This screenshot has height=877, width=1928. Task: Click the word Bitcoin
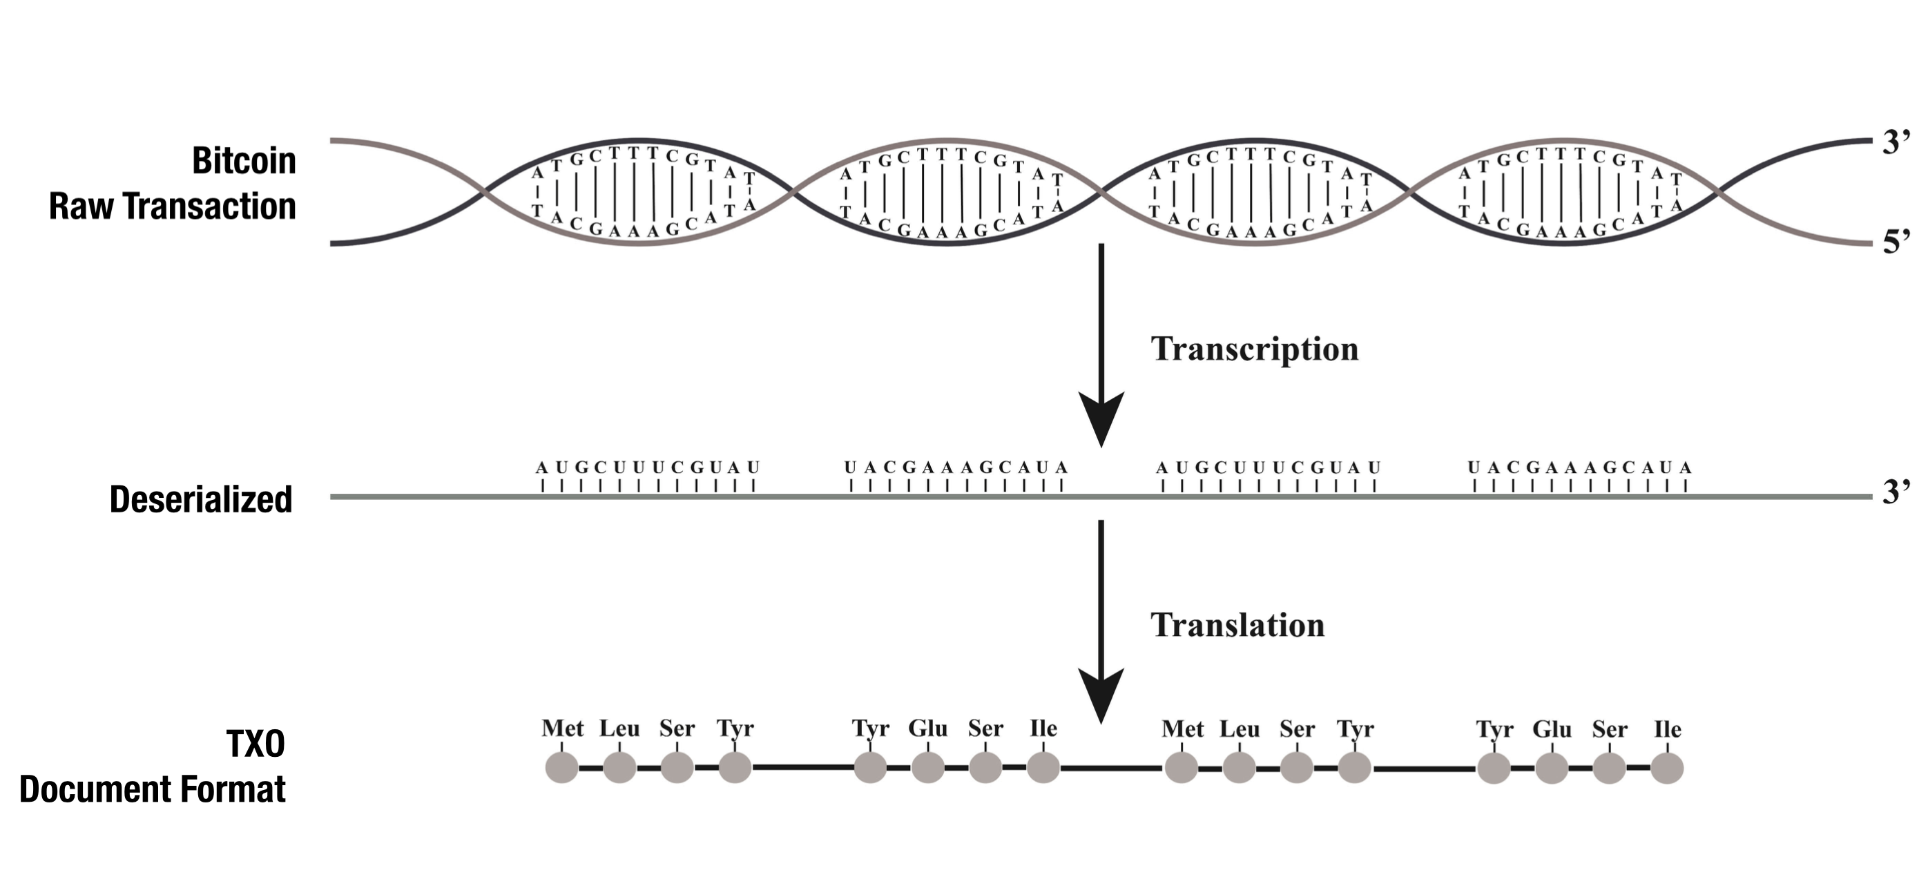pos(243,161)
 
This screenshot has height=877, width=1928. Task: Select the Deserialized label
pos(200,499)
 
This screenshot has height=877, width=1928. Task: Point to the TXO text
pos(256,744)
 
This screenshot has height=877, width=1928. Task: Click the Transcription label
pos(1255,349)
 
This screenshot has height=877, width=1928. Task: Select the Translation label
pos(1237,626)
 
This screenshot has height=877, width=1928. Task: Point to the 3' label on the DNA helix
pos(1896,142)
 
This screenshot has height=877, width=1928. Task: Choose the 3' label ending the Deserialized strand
pos(1896,492)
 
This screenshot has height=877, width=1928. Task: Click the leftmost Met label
pos(562,728)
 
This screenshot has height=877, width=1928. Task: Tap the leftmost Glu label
pos(927,728)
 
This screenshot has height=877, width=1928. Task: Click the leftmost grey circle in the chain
pos(562,768)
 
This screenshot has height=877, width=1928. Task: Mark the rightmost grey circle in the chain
pos(1668,769)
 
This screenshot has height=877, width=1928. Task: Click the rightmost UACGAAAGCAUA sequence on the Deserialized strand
pos(1579,468)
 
